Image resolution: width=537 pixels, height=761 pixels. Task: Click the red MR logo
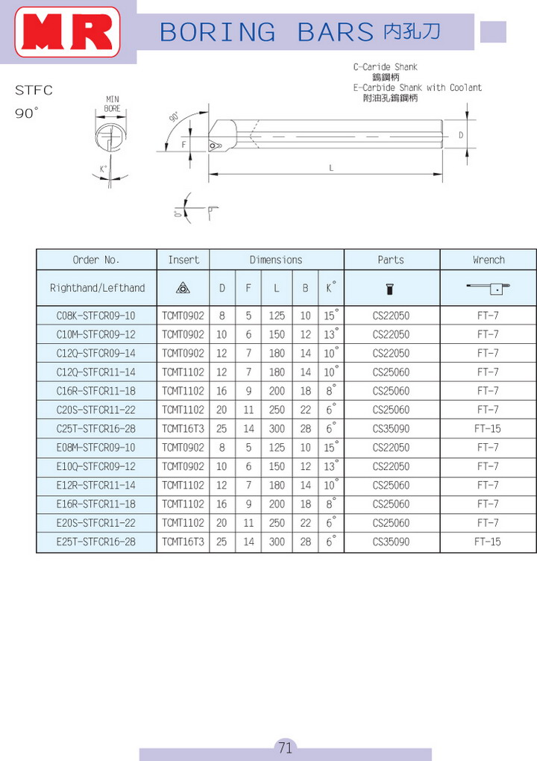pyautogui.click(x=67, y=32)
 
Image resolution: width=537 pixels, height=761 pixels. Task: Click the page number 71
pyautogui.click(x=285, y=747)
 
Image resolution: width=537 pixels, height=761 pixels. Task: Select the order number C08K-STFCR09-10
pyautogui.click(x=96, y=316)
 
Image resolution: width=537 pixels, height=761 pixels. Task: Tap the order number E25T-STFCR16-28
pyautogui.click(x=96, y=542)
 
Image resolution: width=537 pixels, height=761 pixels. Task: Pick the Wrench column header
pyautogui.click(x=489, y=260)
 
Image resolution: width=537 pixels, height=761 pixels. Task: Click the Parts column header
pyautogui.click(x=391, y=260)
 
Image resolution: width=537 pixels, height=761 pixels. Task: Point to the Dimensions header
pyautogui.click(x=276, y=260)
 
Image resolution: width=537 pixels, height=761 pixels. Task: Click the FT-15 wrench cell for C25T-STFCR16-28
pyautogui.click(x=488, y=428)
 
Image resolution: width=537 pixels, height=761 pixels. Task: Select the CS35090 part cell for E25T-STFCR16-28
pyautogui.click(x=391, y=542)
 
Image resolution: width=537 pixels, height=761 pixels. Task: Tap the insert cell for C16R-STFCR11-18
pyautogui.click(x=183, y=391)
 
